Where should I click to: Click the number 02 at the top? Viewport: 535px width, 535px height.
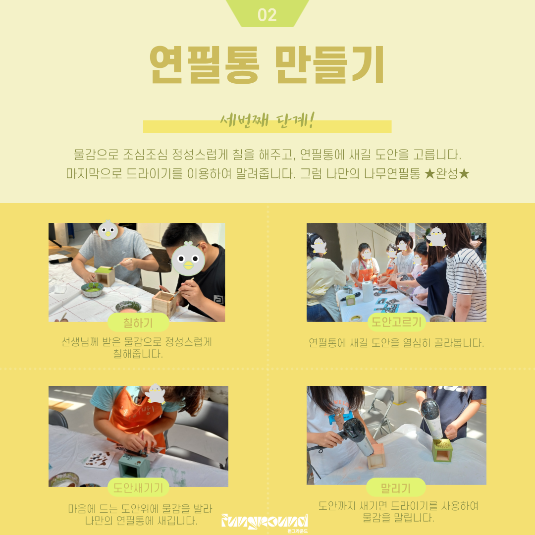point(267,15)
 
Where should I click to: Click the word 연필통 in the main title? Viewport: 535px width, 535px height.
point(205,64)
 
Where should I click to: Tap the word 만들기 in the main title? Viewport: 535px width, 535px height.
point(330,64)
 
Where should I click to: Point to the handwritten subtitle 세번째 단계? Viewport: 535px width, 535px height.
point(267,120)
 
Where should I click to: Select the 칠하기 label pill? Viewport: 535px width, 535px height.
point(138,322)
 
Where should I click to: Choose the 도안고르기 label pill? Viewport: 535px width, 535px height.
point(396,322)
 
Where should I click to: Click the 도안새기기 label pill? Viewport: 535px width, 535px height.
point(138,487)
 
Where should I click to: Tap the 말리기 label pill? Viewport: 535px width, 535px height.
point(396,487)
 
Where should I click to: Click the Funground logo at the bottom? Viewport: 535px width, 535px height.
point(265,522)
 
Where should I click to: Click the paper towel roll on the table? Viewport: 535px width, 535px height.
point(368,291)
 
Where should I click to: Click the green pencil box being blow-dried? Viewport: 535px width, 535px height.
point(442,450)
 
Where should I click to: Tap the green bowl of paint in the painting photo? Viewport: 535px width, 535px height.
point(92,290)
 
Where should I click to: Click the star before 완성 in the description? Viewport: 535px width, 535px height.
point(429,174)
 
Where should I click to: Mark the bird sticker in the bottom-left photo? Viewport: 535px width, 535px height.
point(155,394)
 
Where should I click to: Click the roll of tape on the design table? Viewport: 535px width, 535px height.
point(356,319)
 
